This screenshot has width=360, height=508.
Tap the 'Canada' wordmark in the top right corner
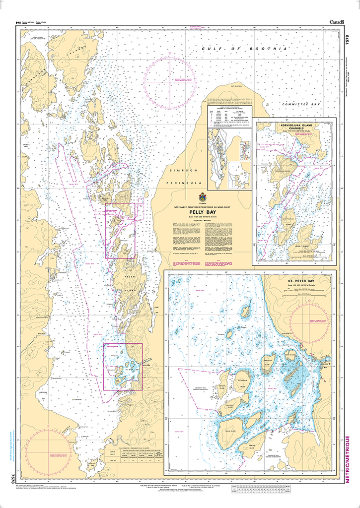coord(340,21)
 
